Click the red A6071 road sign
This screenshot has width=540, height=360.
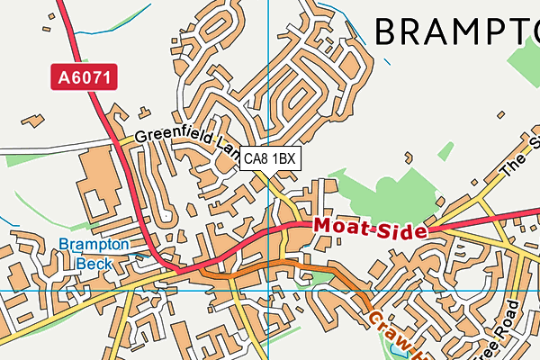coord(83,77)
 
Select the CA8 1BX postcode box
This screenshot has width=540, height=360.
coord(270,159)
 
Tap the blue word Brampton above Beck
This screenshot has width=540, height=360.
coord(94,244)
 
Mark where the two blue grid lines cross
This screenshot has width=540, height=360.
coord(269,291)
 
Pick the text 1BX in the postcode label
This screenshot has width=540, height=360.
coord(284,159)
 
